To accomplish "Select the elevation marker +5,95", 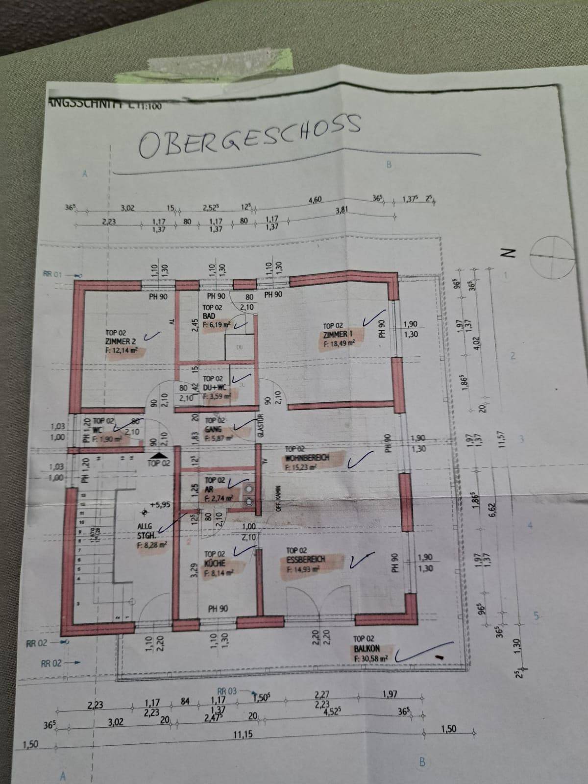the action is [160, 503].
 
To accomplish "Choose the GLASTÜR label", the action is [262, 428].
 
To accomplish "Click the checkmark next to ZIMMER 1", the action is [370, 319].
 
